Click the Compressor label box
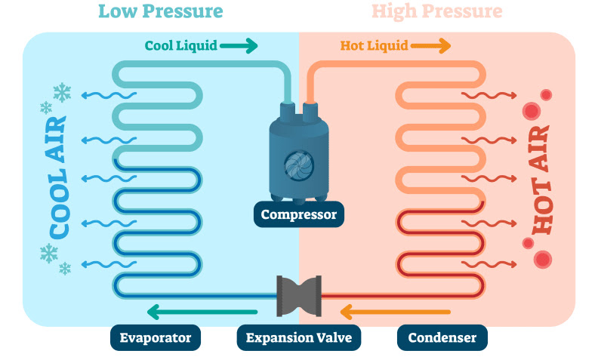(x=299, y=215)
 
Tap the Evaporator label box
(x=156, y=337)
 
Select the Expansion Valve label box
(x=299, y=337)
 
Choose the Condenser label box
(x=442, y=337)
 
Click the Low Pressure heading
(x=161, y=11)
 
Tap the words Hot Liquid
(x=375, y=46)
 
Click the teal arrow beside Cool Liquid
(x=241, y=46)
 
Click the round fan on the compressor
(x=299, y=164)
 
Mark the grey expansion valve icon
(x=299, y=296)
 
